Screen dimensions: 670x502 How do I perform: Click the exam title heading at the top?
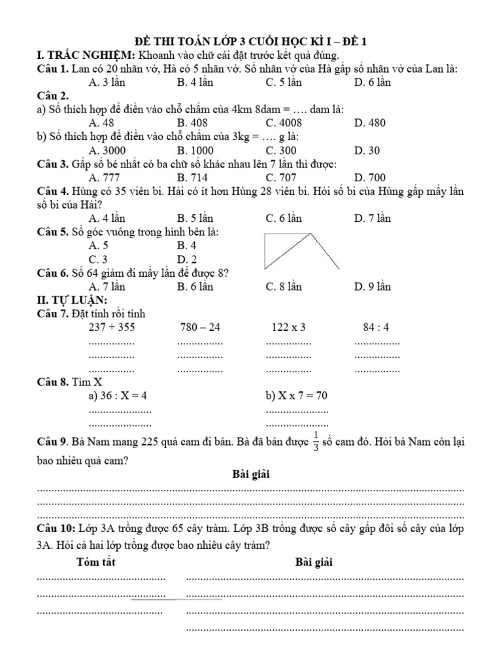pyautogui.click(x=250, y=41)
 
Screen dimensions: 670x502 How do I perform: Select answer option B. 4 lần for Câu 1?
pyautogui.click(x=195, y=82)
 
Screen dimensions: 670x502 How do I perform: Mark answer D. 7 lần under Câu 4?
pyautogui.click(x=372, y=219)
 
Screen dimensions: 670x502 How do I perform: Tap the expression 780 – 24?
pyautogui.click(x=200, y=327)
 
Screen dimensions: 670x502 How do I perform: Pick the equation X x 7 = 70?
pyautogui.click(x=296, y=395)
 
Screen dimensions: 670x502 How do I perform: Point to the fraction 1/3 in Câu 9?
pyautogui.click(x=316, y=442)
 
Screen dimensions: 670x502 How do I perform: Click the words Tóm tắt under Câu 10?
pyautogui.click(x=95, y=562)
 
